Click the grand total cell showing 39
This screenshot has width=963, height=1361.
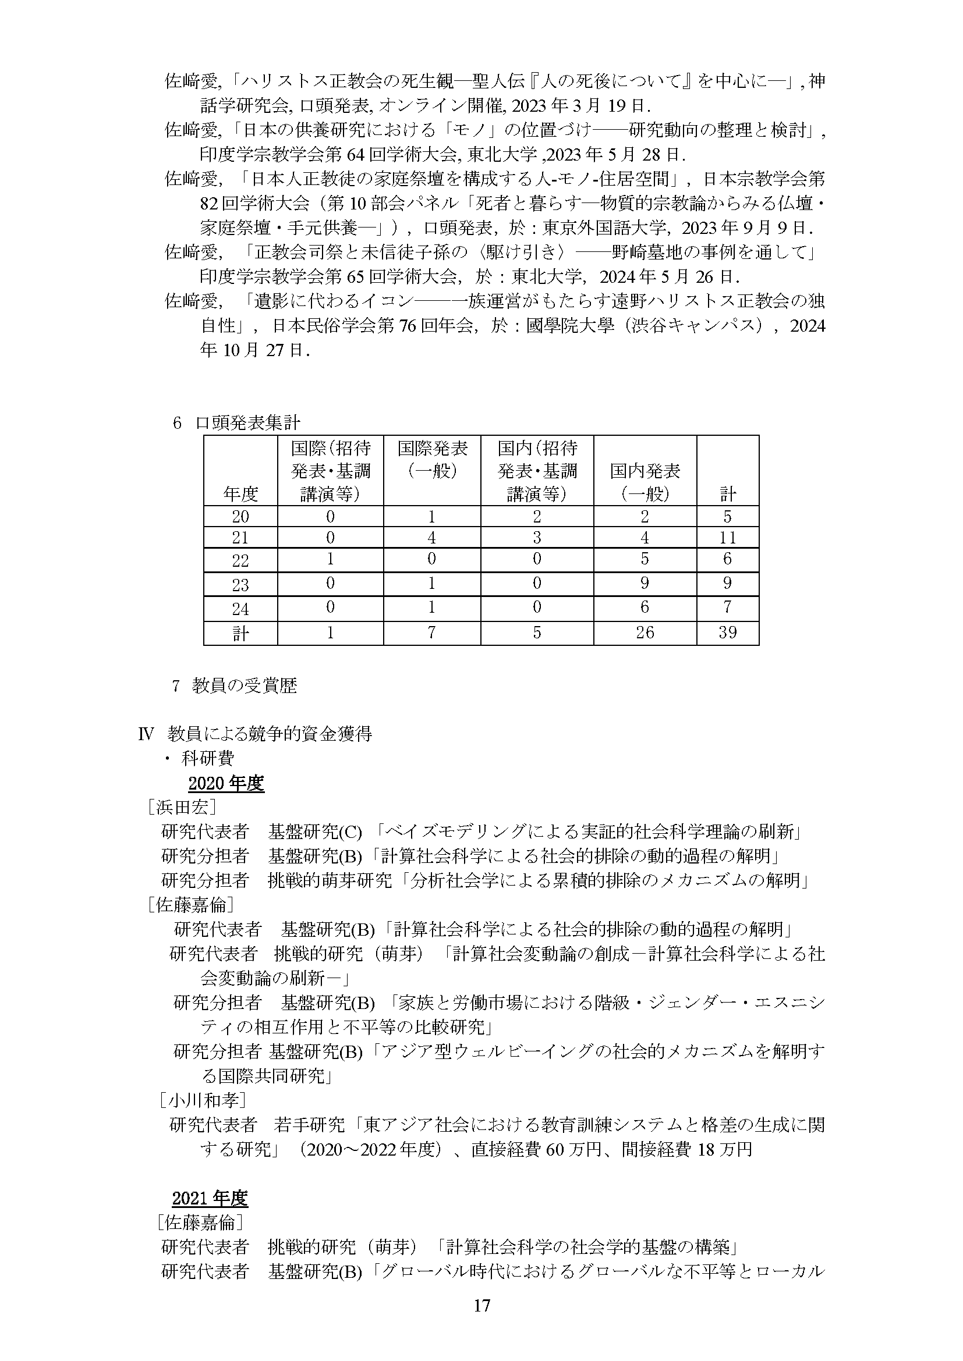point(727,632)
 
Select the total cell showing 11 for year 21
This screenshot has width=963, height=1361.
point(727,538)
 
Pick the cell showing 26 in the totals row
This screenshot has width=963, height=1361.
point(645,632)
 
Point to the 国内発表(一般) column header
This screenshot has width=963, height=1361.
point(645,482)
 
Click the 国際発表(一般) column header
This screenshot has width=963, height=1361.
point(431,459)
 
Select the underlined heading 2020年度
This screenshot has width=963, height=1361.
point(226,784)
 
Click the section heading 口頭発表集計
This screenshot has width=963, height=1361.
point(248,422)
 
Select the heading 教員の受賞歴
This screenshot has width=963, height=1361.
point(245,686)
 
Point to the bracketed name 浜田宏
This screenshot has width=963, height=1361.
point(182,808)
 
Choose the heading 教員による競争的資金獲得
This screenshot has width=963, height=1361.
point(270,734)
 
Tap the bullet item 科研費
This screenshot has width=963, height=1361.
point(207,758)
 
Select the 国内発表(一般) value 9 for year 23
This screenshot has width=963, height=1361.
point(645,584)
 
